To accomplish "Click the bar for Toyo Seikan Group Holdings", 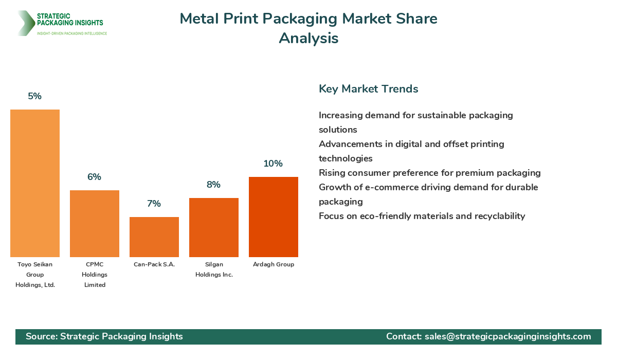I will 35,183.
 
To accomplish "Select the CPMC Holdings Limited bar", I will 95,224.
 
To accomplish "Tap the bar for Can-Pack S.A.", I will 154,237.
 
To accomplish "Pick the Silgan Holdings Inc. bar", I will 214,227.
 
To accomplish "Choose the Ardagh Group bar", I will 274,217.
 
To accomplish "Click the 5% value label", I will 35,96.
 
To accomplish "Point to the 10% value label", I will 273,164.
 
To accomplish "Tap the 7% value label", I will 154,204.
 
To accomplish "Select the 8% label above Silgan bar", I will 213,185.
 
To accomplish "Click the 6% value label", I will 94,177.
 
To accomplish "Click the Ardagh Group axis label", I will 274,264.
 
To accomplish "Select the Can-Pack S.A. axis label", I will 154,264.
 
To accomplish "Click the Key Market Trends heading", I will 368,88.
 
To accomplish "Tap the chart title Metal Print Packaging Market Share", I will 308,19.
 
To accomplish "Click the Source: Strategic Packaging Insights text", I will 104,336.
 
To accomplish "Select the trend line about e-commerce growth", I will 428,187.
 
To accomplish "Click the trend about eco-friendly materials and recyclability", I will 422,216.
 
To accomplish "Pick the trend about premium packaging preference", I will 429,173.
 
